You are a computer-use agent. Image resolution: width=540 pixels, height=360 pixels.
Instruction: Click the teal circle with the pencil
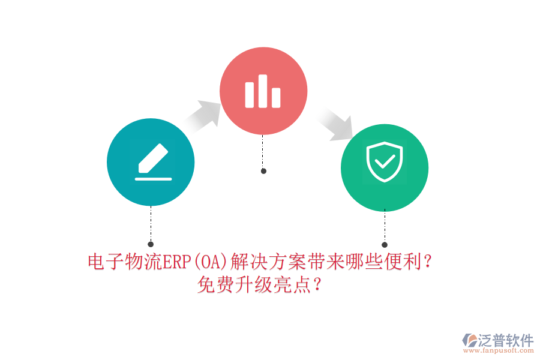click(x=151, y=162)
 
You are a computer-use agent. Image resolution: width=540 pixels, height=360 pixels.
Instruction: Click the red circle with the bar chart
click(x=263, y=91)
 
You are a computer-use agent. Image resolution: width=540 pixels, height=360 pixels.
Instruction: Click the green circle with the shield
click(x=385, y=167)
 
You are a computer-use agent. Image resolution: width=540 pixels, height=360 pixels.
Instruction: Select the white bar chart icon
click(x=263, y=91)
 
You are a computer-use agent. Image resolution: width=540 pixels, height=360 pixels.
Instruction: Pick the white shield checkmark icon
click(x=385, y=161)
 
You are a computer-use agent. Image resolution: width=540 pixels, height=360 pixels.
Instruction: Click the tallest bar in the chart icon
click(x=263, y=91)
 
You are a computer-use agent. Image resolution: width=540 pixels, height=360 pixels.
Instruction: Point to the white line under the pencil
click(x=154, y=179)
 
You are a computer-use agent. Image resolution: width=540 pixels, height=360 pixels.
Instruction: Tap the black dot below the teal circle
click(x=151, y=244)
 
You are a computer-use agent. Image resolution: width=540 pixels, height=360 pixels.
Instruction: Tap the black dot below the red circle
click(x=263, y=171)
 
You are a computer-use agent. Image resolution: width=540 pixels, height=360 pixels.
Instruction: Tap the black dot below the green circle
click(x=385, y=245)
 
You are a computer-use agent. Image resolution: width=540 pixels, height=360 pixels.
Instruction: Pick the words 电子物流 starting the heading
click(x=123, y=262)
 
